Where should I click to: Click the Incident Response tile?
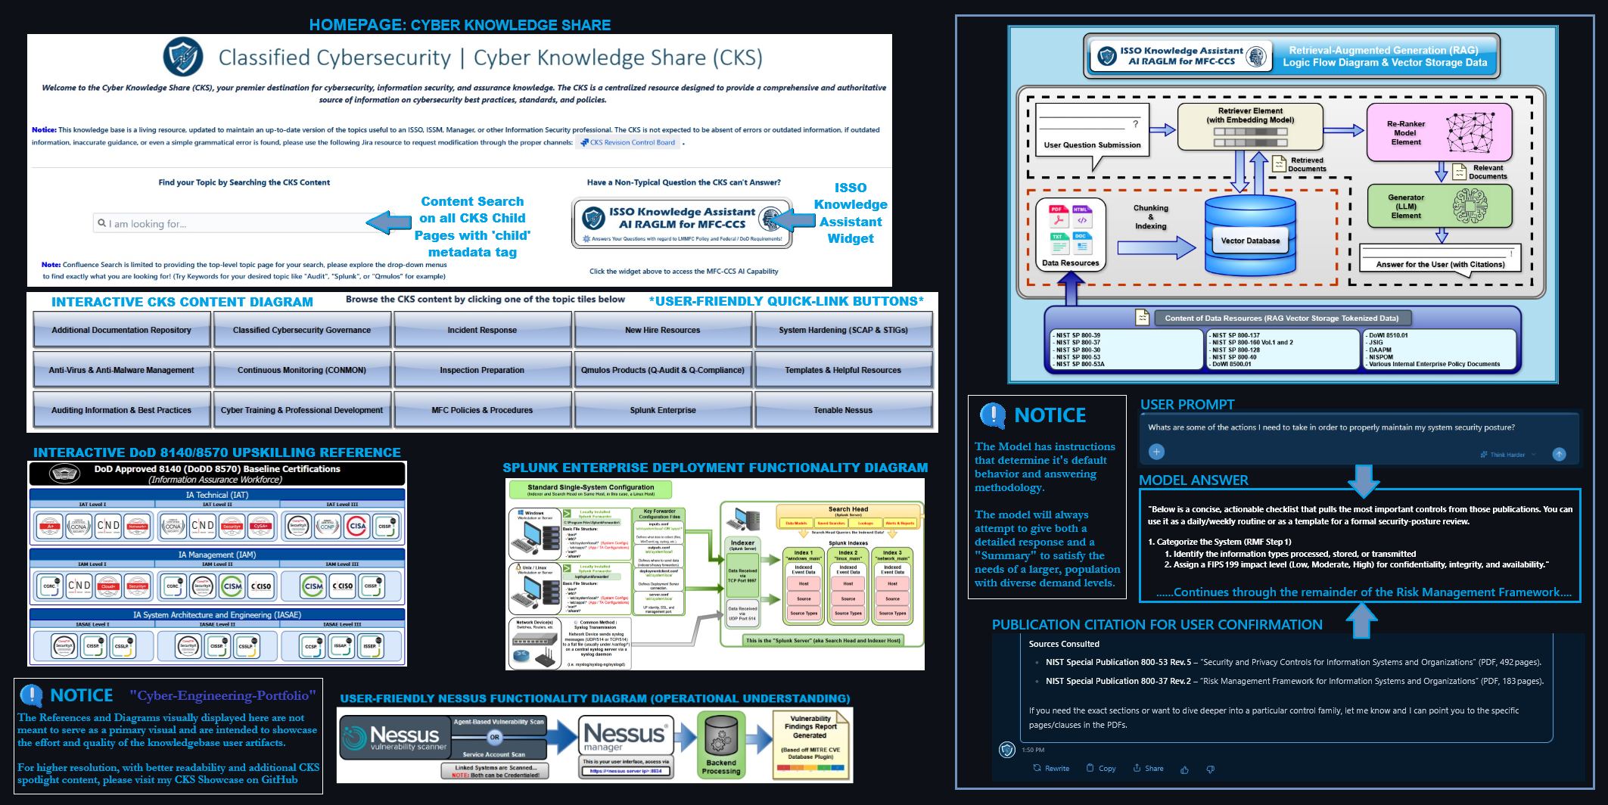pos(482,330)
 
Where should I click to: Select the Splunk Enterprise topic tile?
pos(663,410)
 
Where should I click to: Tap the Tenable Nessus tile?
pos(843,410)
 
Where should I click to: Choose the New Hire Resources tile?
pos(663,330)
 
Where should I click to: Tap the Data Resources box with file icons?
pos(1070,235)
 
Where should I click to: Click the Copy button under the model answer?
pos(1101,768)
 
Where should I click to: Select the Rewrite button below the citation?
pos(1051,768)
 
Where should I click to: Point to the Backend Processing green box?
pos(721,744)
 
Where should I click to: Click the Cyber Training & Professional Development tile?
pos(302,410)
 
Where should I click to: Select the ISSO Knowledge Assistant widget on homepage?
pos(681,222)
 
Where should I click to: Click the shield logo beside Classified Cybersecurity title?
pos(183,57)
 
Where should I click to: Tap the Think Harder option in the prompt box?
pos(1506,455)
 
